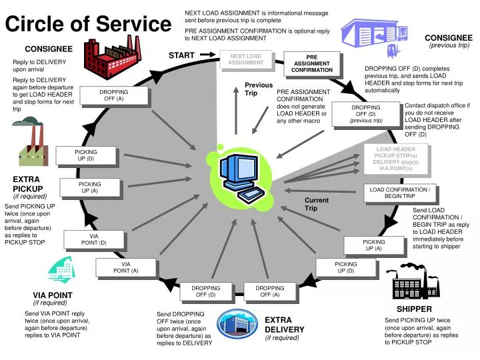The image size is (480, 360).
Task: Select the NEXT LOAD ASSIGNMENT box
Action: click(x=245, y=60)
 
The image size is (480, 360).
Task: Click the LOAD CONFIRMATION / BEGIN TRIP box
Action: click(x=399, y=193)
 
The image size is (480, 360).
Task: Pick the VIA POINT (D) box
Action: click(x=93, y=239)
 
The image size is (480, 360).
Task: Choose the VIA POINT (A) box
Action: click(x=125, y=267)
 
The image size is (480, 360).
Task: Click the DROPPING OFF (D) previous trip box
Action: click(x=366, y=114)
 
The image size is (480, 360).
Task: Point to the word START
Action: click(x=181, y=55)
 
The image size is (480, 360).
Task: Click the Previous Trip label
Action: click(x=259, y=89)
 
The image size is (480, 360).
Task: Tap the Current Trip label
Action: click(x=316, y=204)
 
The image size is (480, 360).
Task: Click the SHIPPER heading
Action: click(x=414, y=309)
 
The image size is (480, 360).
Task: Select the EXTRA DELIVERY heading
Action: click(x=284, y=325)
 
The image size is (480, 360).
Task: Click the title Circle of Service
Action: click(x=88, y=25)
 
